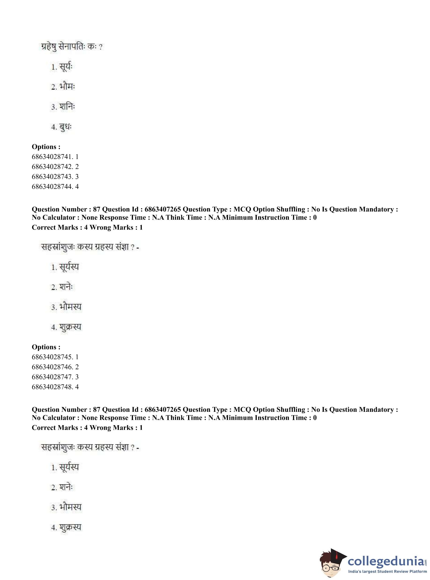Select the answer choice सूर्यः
click(66, 67)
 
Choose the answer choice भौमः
click(67, 87)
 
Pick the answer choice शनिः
click(67, 107)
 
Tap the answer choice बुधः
click(65, 127)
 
